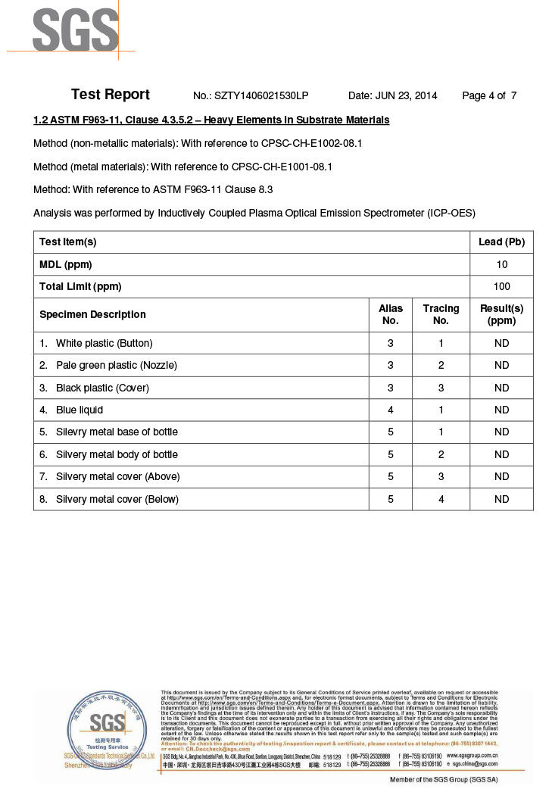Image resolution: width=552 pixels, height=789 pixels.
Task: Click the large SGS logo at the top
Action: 75,30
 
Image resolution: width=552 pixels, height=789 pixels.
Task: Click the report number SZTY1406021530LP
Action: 261,96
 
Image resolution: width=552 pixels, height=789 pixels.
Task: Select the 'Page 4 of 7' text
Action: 489,96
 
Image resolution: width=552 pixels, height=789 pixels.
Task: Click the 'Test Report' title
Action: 111,95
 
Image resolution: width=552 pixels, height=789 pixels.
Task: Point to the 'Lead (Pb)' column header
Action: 501,242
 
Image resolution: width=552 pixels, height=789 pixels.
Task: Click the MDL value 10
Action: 501,264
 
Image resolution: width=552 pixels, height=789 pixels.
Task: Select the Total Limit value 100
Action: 501,286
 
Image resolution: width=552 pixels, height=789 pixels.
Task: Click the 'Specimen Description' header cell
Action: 92,314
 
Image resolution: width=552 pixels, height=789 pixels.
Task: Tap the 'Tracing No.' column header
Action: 441,314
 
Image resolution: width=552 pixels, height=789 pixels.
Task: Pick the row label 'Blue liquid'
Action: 79,410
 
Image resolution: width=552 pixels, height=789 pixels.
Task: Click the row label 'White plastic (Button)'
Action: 104,343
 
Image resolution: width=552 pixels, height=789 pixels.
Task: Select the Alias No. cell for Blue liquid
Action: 391,410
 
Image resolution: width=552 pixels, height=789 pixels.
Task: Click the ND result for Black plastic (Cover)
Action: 501,388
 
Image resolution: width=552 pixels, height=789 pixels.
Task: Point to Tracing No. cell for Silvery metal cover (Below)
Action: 441,499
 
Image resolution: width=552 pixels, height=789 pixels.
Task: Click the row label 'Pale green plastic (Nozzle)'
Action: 116,365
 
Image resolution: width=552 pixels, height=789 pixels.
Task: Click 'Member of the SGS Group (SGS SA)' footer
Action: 444,779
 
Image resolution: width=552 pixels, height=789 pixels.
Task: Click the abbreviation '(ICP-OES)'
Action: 451,213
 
